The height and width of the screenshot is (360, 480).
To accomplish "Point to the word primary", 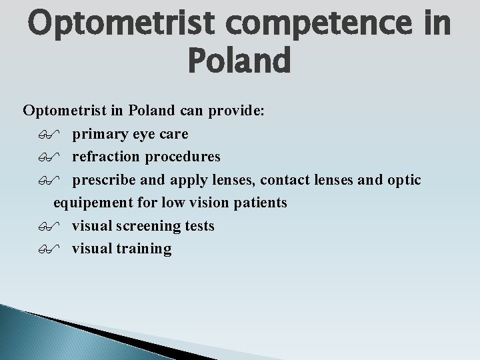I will pyautogui.click(x=100, y=134).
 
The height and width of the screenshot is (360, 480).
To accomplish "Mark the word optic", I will pyautogui.click(x=403, y=180).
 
